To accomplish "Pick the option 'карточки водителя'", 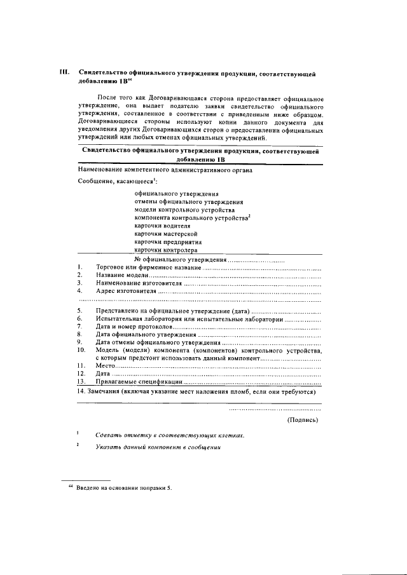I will tap(162, 226).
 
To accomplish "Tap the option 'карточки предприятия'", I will tap(168, 242).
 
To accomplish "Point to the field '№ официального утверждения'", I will tap(181, 260).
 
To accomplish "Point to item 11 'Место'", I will tap(105, 367).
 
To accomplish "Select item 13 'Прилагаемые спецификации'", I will tap(139, 382).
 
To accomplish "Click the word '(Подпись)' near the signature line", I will tap(303, 419).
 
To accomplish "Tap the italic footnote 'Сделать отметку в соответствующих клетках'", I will tap(169, 436).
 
